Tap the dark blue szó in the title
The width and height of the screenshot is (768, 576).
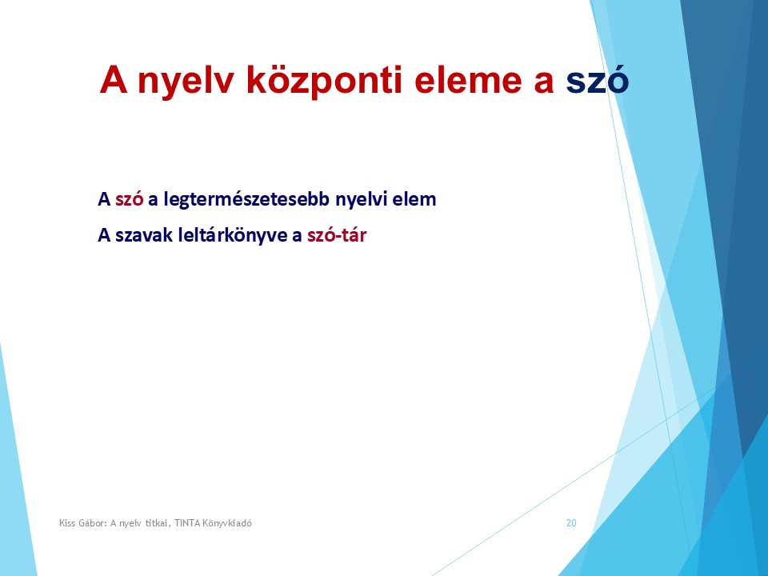597,81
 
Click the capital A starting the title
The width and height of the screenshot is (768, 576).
112,81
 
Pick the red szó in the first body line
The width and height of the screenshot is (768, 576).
129,200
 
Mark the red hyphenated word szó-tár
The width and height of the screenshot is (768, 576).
337,236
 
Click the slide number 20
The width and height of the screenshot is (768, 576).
571,523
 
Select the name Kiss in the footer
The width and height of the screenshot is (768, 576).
69,523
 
